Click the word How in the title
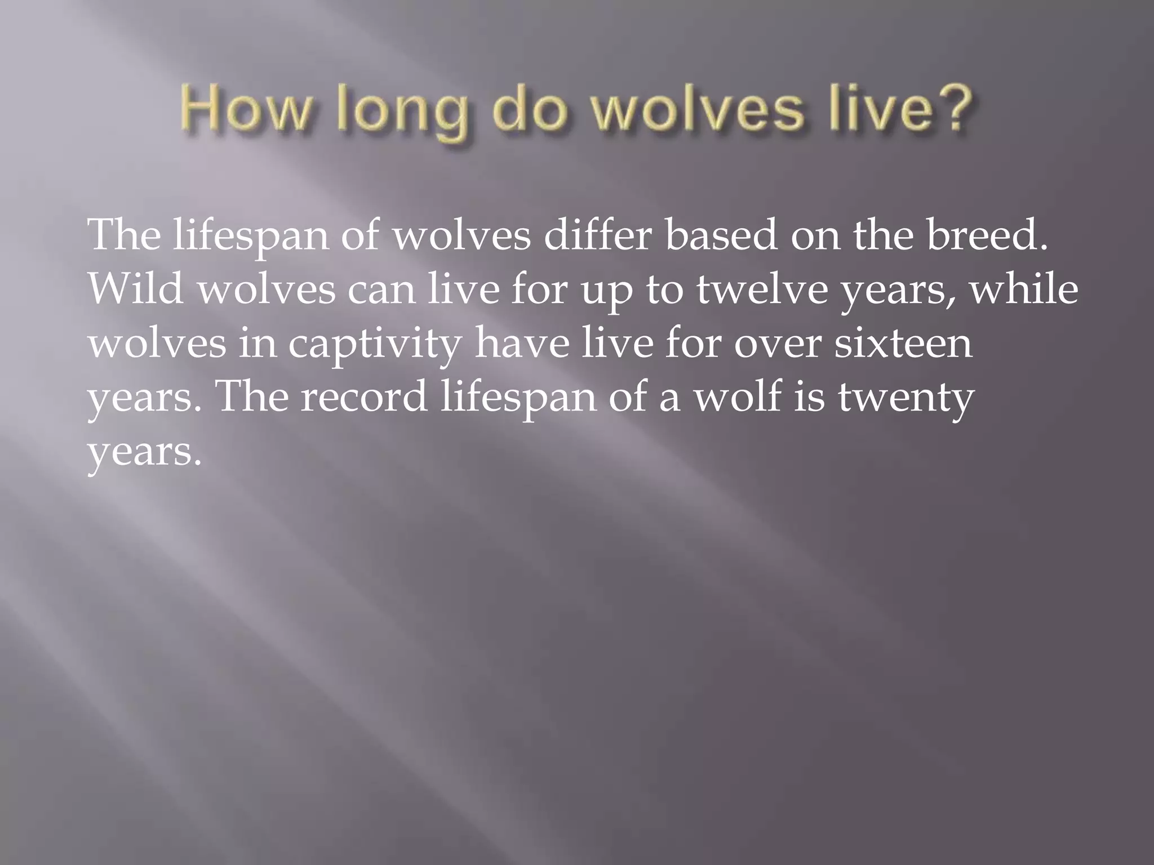click(246, 110)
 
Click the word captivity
click(375, 345)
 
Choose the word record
click(363, 397)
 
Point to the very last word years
click(144, 452)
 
